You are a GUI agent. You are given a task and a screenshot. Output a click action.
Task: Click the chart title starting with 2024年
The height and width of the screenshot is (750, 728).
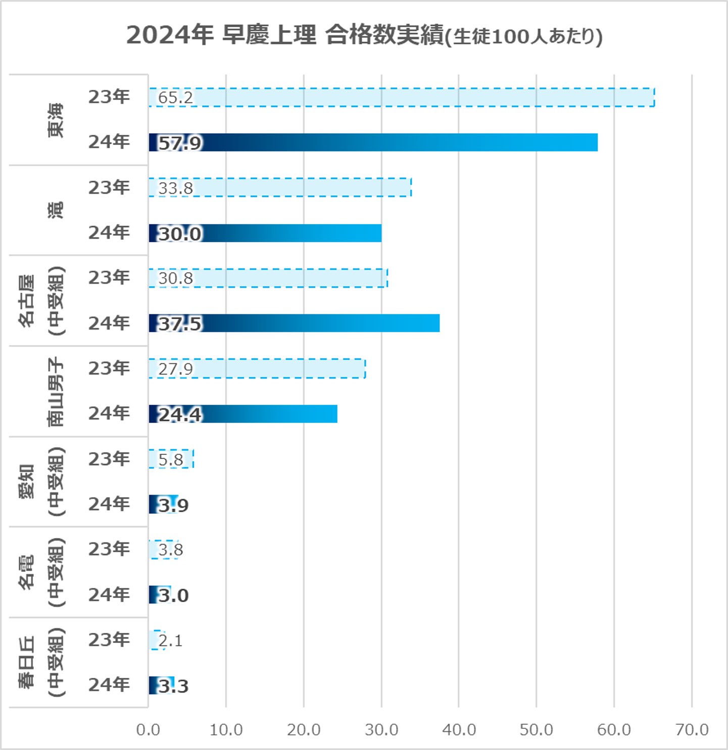tap(364, 35)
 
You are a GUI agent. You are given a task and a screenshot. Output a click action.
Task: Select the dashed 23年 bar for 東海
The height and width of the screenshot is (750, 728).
tap(402, 97)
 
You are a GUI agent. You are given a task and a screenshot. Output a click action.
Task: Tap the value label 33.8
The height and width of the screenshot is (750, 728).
tap(175, 188)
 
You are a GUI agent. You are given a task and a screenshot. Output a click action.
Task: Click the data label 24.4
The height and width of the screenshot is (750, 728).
tap(180, 414)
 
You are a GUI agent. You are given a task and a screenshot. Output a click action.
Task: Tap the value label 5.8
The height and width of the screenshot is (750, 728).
tap(171, 460)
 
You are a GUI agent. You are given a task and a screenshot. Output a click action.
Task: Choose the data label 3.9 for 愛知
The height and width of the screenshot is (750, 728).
tap(173, 505)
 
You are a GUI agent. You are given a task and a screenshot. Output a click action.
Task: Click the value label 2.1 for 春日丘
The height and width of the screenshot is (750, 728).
tap(170, 640)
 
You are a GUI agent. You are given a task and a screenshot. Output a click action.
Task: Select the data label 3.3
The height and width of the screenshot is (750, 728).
tap(173, 686)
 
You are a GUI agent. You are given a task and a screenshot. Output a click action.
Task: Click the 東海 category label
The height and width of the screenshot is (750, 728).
tap(56, 120)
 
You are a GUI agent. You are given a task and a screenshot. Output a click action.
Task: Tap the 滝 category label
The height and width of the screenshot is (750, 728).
tap(56, 210)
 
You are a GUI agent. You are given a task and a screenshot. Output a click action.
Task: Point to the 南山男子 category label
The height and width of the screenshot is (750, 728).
tap(56, 392)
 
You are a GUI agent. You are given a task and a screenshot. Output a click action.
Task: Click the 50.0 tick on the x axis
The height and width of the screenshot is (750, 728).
tap(536, 729)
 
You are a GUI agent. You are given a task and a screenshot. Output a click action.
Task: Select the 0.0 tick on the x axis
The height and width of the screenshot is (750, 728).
tap(148, 729)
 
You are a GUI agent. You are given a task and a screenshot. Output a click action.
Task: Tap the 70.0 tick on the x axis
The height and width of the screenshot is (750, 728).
tap(692, 729)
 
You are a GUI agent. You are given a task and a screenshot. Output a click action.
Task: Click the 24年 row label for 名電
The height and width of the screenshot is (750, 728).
tap(109, 595)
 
